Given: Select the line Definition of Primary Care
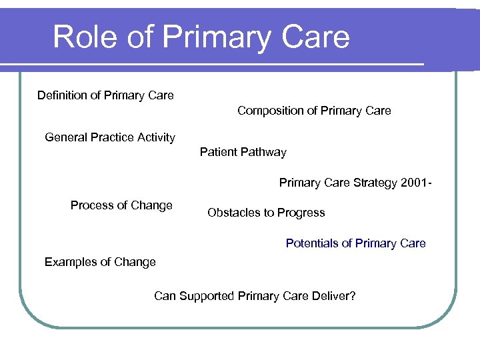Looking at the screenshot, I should click(x=105, y=95).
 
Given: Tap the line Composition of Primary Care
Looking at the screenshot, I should click(x=314, y=111).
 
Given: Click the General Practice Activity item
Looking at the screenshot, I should click(x=110, y=137).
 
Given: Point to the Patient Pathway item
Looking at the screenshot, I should click(x=243, y=152).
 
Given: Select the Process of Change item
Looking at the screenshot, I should click(x=121, y=205).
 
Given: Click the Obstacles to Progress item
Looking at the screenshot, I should click(x=266, y=213).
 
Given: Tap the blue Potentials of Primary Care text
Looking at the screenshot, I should click(x=355, y=243).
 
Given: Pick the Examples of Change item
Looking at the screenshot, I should click(x=100, y=262).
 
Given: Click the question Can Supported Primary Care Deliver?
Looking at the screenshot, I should click(x=255, y=296).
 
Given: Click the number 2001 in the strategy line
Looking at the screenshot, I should click(x=416, y=183).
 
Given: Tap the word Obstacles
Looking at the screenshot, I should click(x=233, y=213).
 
